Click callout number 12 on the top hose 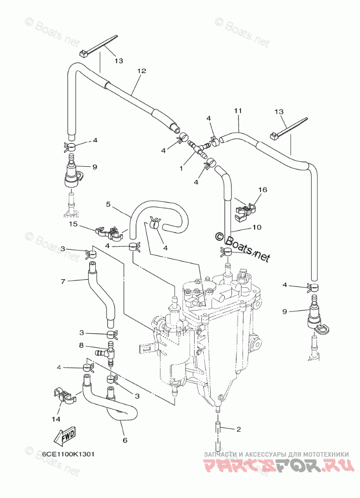click(x=141, y=71)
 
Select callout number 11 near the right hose click(x=238, y=110)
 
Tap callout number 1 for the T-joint click(x=181, y=168)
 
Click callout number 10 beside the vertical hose click(x=257, y=227)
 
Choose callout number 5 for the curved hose click(x=108, y=204)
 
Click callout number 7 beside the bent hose click(x=63, y=281)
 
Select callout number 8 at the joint click(x=81, y=345)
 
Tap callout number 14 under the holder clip click(x=56, y=419)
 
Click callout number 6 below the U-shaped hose click(x=125, y=440)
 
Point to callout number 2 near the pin click(x=238, y=429)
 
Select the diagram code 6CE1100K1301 click(x=69, y=454)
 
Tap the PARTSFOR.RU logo click(x=275, y=466)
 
